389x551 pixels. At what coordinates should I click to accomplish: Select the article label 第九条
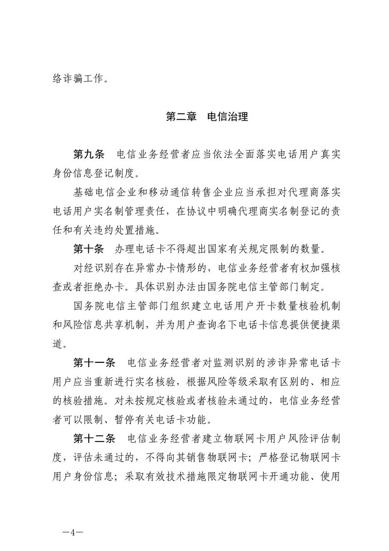(89, 156)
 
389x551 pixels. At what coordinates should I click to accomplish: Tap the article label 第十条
(89, 249)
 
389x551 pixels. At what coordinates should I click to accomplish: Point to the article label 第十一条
(94, 363)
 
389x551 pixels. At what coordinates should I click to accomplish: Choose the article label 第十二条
(94, 438)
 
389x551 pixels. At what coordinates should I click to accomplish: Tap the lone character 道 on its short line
(57, 344)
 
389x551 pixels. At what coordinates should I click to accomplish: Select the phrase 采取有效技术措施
(172, 476)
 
